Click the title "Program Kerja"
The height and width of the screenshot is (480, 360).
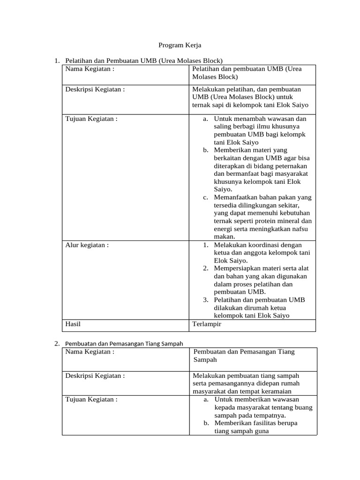coord(180,45)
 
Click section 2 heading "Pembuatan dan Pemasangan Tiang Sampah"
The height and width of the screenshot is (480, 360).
coord(124,344)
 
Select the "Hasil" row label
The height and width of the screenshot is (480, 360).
coord(74,323)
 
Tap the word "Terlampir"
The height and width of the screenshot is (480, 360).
coord(207,323)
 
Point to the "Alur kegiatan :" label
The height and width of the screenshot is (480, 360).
coord(87,245)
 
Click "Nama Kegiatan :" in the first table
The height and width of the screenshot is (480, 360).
coord(90,69)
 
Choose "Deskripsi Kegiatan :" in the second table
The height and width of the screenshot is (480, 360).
coord(95,375)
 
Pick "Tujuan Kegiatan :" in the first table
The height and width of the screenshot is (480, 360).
coord(91,119)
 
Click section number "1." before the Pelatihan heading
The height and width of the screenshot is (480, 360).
coord(57,61)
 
